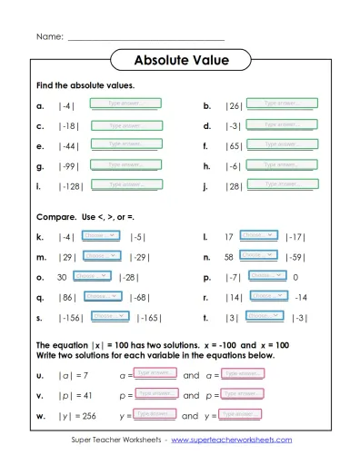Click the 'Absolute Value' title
pos(181,61)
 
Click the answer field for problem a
pos(125,104)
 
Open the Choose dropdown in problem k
pos(101,235)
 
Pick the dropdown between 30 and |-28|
pos(91,276)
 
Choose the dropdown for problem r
pos(268,296)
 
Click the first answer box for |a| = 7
pos(156,373)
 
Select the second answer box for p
pos(244,394)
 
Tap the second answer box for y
pos(243,415)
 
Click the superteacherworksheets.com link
pos(231,440)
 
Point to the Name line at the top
pos(145,37)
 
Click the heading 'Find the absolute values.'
pos(73,84)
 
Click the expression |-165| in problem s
pos(150,317)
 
